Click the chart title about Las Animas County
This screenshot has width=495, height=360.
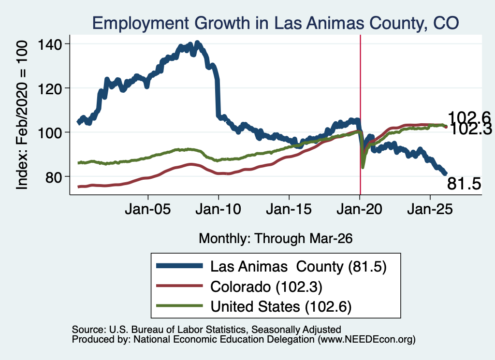coord(275,23)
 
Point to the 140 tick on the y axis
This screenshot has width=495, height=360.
coord(50,44)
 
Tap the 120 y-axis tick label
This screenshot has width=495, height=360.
coord(50,88)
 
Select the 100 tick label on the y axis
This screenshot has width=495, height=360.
coord(50,133)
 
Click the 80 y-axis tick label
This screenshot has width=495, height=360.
coord(54,177)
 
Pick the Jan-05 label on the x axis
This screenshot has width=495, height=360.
coord(148,209)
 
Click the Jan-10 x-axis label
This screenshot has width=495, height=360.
coord(218,209)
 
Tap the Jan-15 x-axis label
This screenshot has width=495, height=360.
coord(289,209)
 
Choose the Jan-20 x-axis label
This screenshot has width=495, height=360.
coord(360,209)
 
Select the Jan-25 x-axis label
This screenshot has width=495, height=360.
coord(430,209)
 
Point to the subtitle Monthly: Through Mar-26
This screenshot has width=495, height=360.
coord(276,239)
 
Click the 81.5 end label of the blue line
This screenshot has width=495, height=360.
coord(464,184)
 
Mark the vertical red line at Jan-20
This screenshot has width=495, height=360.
coord(360,115)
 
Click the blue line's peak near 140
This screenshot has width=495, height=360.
coord(198,43)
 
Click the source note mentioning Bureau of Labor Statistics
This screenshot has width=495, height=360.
coord(206,330)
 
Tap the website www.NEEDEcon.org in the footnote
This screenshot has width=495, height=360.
coord(366,340)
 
